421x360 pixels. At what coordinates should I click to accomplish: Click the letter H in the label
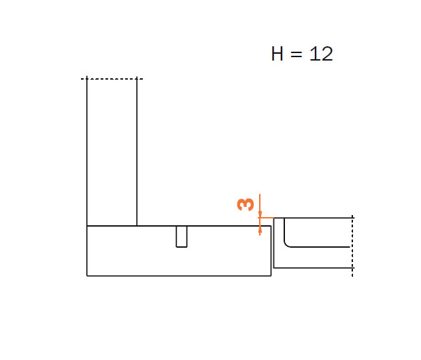277,54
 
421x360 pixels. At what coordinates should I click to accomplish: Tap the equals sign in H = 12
297,54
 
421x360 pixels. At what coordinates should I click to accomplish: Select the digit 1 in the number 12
314,54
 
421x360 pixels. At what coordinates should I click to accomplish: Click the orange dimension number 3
246,204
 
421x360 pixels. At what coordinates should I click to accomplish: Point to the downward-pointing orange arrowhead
260,214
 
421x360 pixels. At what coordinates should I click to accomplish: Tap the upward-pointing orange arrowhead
260,230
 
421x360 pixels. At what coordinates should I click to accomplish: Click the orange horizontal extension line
266,218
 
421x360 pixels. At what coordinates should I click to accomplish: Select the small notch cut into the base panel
182,236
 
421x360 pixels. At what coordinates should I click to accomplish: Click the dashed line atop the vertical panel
112,79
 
